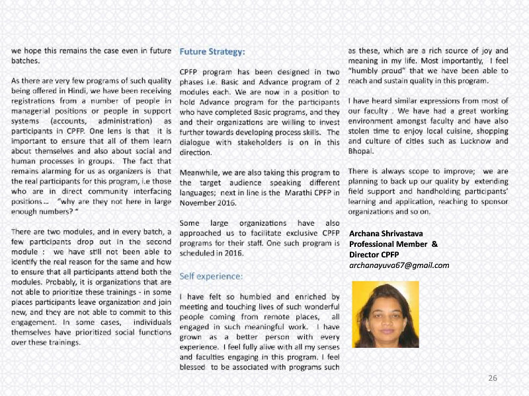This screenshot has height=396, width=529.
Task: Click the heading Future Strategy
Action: pos(212,50)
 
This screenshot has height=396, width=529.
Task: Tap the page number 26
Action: pos(492,378)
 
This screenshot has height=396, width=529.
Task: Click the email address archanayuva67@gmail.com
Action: pos(399,265)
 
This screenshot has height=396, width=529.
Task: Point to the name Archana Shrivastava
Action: pos(386,233)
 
